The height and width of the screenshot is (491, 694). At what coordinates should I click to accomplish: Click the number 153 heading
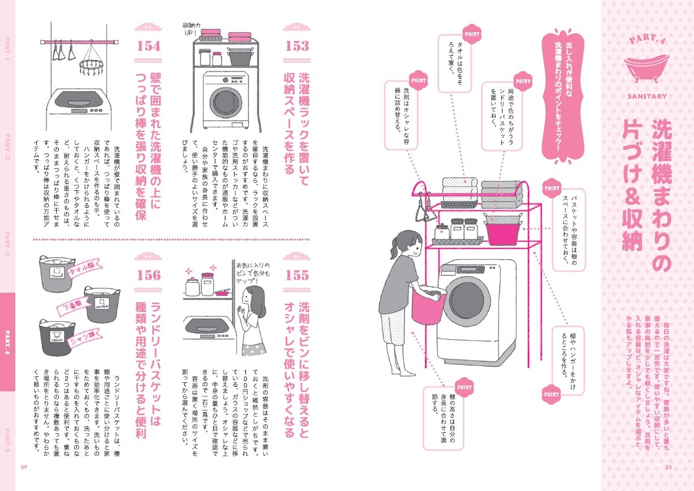[297, 46]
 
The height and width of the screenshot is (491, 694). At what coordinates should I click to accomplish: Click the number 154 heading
[148, 46]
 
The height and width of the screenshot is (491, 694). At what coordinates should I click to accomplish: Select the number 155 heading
[297, 275]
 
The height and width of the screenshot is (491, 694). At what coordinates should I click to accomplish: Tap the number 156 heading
[148, 275]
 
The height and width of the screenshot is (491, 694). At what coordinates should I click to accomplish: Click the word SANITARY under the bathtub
[646, 96]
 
